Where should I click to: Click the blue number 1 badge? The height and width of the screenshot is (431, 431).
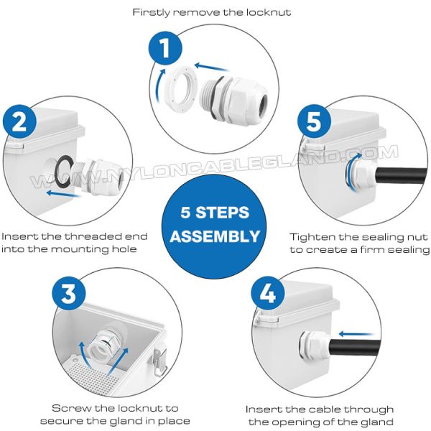click(x=165, y=48)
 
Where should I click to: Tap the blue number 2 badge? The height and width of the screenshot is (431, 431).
click(x=19, y=121)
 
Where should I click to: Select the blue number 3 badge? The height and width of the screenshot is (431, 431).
click(x=69, y=293)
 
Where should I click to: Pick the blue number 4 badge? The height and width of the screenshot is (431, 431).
click(x=268, y=293)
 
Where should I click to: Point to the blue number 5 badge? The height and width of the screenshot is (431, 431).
click(x=314, y=121)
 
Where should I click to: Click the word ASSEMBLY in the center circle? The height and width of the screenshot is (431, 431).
click(x=215, y=236)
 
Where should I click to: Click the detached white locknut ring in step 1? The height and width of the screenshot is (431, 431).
click(x=180, y=88)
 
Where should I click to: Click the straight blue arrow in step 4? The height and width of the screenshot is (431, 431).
click(x=356, y=334)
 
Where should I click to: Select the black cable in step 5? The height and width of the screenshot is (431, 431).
click(x=401, y=176)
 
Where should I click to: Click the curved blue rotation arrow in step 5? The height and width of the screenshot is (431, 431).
click(x=350, y=170)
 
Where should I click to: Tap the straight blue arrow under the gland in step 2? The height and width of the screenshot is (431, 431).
click(x=64, y=193)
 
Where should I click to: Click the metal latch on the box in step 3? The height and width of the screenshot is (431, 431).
click(x=159, y=361)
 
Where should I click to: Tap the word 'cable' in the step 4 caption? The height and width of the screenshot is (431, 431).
click(x=325, y=409)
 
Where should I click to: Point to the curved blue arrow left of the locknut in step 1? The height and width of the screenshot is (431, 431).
click(x=159, y=85)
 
